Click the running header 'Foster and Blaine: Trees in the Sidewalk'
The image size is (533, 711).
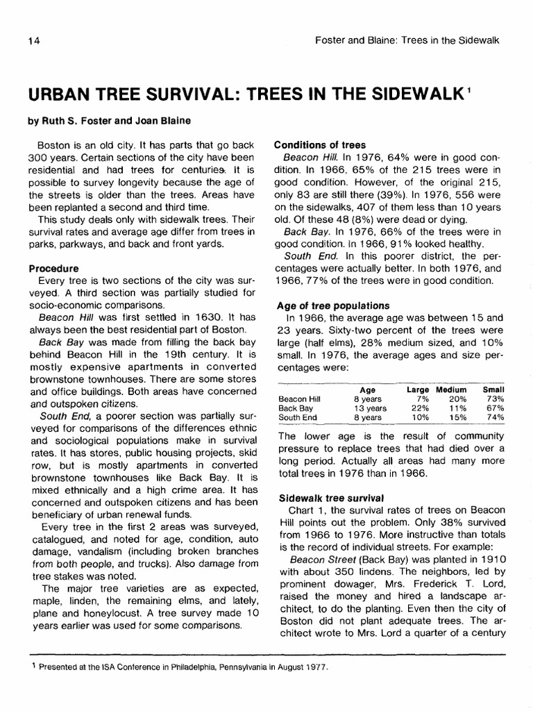(407, 41)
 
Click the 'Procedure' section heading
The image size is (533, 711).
(53, 267)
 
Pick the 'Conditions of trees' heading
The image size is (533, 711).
(320, 145)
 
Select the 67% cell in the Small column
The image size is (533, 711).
(494, 408)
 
